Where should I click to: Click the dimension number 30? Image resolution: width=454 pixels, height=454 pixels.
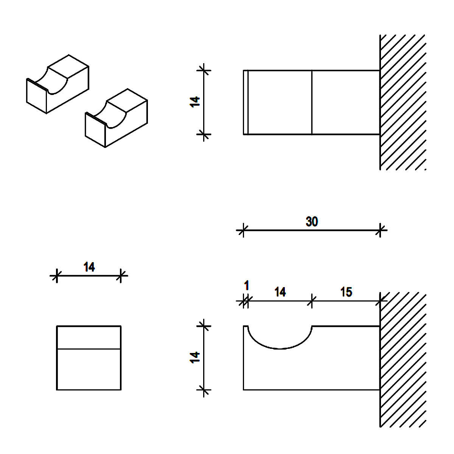click(312, 221)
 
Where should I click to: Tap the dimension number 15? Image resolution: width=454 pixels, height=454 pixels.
click(346, 292)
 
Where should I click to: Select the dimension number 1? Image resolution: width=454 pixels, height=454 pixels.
click(247, 285)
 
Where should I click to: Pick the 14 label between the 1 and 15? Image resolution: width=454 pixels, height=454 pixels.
click(280, 292)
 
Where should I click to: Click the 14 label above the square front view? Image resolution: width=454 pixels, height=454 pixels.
click(89, 267)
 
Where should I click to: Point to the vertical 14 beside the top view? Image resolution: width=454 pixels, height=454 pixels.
click(195, 102)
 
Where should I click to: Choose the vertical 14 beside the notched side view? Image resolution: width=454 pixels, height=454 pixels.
click(195, 358)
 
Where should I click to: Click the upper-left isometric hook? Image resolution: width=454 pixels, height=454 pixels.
click(58, 84)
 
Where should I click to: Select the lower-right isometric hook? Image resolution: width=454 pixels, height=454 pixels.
click(117, 118)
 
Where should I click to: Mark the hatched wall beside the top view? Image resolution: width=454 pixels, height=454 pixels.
click(403, 102)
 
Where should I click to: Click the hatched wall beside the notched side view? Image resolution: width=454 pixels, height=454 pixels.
click(403, 359)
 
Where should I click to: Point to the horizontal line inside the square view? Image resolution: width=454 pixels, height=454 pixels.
click(89, 348)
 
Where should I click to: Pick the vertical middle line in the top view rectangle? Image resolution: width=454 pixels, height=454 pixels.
click(312, 102)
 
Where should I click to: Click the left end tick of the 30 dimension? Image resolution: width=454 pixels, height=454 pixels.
click(243, 230)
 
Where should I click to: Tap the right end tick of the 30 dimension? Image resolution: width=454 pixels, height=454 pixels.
click(380, 230)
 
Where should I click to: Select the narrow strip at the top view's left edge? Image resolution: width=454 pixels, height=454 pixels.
click(246, 102)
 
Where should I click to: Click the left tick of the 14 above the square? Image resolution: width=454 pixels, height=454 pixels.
click(56, 275)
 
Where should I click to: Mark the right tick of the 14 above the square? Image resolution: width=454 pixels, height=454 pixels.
click(121, 275)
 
